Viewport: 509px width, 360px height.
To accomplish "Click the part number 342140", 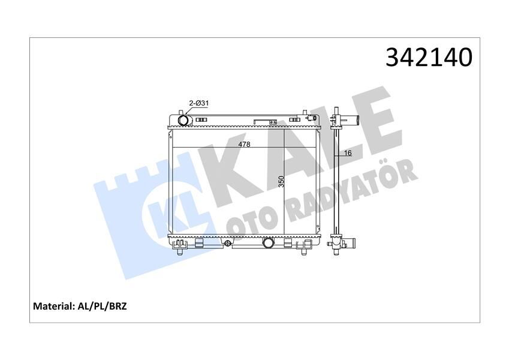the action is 429,58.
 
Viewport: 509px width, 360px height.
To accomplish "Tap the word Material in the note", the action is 54,306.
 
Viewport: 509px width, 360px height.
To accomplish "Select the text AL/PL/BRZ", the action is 103,306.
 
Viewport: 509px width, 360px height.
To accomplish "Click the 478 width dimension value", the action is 244,144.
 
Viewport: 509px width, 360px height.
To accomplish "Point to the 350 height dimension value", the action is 281,181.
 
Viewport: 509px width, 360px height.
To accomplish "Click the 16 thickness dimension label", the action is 348,153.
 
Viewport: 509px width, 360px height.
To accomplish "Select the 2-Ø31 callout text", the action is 198,103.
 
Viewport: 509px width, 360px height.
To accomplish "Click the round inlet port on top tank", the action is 183,121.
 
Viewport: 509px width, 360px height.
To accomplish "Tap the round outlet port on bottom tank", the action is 268,242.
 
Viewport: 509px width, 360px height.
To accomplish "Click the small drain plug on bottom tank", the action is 228,243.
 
